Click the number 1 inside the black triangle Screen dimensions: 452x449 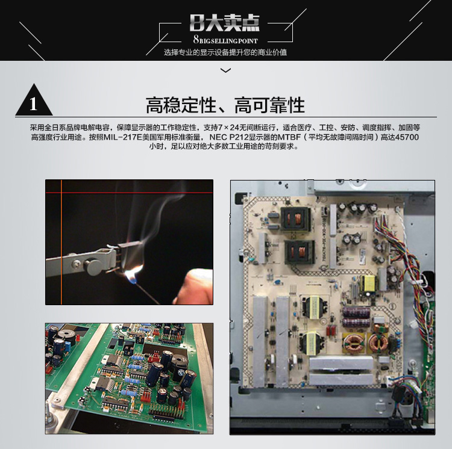(x=33, y=104)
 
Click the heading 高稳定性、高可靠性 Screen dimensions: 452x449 (x=225, y=105)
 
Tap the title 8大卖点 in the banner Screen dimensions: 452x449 (x=225, y=23)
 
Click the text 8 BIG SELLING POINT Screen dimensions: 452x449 (x=225, y=40)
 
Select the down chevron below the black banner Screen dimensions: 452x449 (x=225, y=70)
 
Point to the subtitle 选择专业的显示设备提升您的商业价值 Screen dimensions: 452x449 (x=225, y=52)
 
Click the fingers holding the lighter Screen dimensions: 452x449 (x=193, y=286)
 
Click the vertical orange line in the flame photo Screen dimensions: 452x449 (x=61, y=242)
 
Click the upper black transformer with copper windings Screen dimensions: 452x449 (x=295, y=219)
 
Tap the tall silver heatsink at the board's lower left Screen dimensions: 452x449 (x=260, y=342)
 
